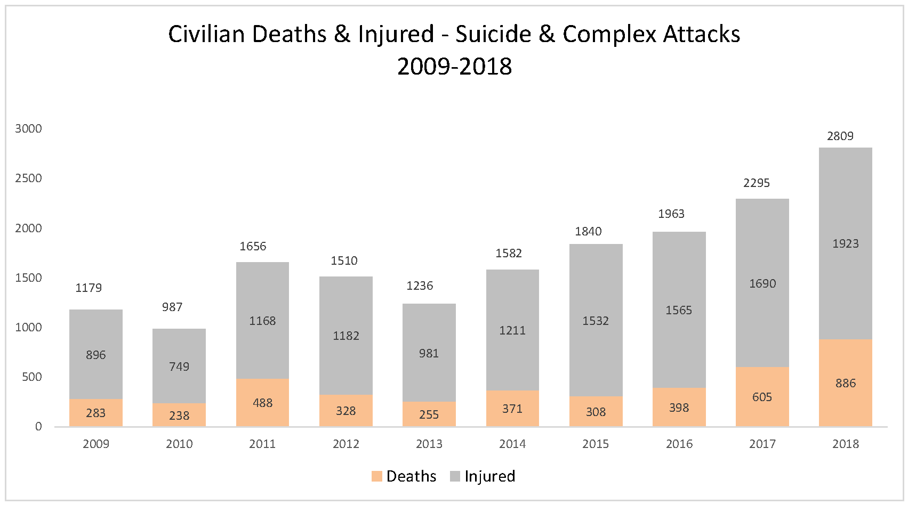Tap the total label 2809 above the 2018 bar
click(840, 136)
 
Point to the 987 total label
click(172, 307)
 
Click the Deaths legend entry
click(404, 476)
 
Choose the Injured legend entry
click(483, 476)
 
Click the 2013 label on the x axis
click(429, 444)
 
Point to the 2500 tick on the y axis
click(28, 178)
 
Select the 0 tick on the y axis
click(38, 426)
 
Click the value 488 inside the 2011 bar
click(262, 403)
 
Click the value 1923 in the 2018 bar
click(845, 243)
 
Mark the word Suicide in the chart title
click(493, 34)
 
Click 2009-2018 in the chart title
click(454, 67)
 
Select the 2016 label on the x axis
click(679, 444)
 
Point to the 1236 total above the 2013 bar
click(420, 286)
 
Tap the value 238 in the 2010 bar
click(179, 416)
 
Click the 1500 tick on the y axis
click(28, 278)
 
